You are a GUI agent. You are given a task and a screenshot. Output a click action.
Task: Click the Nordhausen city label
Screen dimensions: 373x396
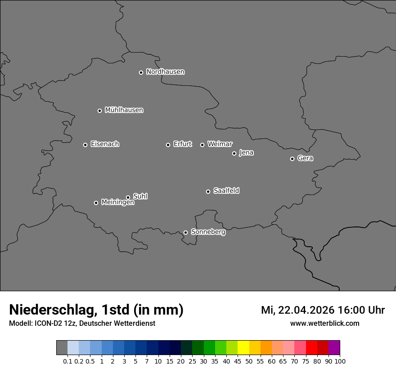point(165,72)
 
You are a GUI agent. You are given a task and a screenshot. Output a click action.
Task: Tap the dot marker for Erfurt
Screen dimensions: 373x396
point(168,145)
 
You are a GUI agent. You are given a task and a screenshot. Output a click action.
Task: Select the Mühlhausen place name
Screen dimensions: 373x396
point(124,110)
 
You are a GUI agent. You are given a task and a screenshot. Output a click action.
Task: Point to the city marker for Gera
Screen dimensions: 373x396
point(292,159)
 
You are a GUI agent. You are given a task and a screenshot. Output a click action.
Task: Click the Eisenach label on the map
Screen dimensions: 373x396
point(105,144)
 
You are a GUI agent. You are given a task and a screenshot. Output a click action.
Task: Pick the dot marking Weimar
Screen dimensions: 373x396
point(202,145)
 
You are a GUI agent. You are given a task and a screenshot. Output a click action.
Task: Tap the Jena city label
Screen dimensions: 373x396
point(246,153)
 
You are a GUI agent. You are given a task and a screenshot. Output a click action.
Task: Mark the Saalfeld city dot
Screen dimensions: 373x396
point(208,191)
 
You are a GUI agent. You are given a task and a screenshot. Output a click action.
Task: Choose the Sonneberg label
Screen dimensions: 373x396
point(208,232)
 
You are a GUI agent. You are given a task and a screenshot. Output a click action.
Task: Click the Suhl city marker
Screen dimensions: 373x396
point(128,197)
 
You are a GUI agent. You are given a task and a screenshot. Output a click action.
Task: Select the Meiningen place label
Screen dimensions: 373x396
point(117,203)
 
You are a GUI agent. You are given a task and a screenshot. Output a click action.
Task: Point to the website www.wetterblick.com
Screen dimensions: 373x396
point(324,324)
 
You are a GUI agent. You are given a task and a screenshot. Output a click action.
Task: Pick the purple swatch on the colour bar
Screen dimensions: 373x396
point(334,348)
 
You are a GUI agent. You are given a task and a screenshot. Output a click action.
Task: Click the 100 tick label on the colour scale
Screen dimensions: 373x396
point(340,361)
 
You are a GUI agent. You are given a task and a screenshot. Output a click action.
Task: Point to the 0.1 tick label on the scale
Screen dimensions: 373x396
point(67,361)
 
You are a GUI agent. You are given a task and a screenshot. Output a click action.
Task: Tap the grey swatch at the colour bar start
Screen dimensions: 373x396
point(62,348)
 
